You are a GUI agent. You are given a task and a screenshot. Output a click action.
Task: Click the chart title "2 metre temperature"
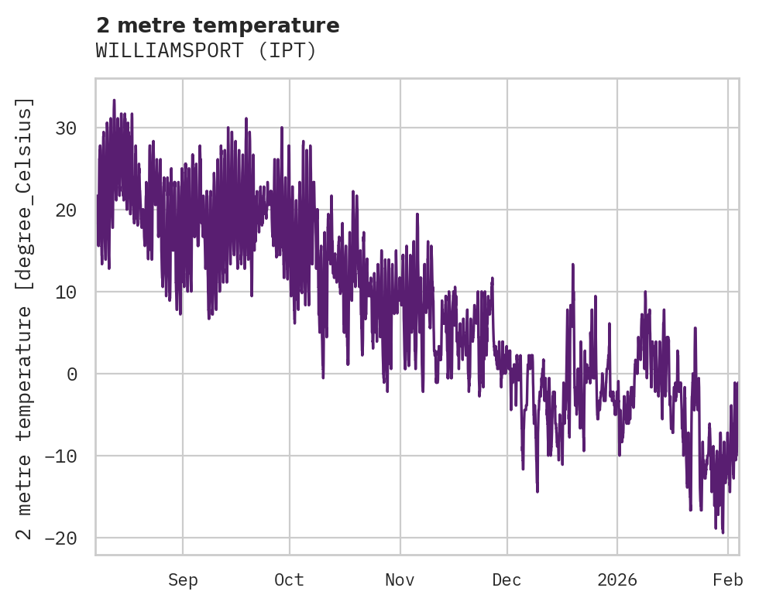coord(218,26)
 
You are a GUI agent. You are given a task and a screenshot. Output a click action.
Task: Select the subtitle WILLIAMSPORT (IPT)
coord(206,51)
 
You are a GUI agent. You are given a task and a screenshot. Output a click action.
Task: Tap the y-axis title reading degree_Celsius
coord(26,319)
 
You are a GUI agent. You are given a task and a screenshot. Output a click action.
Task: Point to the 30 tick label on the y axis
coord(68,128)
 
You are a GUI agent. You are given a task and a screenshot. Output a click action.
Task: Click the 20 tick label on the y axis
coord(68,210)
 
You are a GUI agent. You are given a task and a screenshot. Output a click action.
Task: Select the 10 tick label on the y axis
coord(68,292)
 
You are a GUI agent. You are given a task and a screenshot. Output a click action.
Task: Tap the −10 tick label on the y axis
coord(63,456)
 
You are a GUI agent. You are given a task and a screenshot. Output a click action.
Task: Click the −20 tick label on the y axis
coord(63,538)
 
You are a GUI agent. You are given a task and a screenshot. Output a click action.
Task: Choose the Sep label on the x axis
coord(183,580)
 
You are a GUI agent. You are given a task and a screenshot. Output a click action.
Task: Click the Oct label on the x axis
coord(289,580)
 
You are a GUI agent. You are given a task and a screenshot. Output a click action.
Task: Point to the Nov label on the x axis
coord(400,580)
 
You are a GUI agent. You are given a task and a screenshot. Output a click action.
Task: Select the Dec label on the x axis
coord(507,580)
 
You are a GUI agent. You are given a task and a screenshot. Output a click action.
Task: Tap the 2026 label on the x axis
coord(617,580)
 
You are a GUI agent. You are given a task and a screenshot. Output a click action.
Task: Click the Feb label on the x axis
coord(728,580)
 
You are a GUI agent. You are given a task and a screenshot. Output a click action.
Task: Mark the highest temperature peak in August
coord(114,100)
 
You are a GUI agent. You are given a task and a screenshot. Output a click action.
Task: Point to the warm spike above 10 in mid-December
coord(573,265)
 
